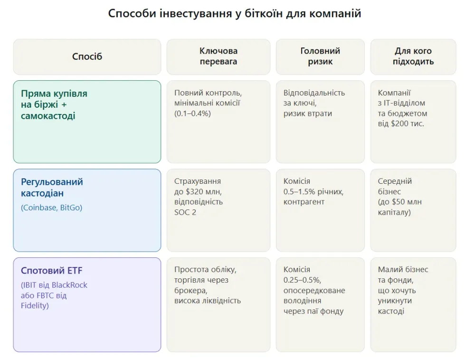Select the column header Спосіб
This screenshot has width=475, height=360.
(x=87, y=57)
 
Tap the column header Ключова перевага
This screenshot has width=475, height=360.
(x=218, y=56)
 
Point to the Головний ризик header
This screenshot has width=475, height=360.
(x=320, y=56)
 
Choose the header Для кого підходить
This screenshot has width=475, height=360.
(x=413, y=56)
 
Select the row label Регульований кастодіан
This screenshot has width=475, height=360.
(x=52, y=188)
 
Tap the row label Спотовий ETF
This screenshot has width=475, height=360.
(x=52, y=271)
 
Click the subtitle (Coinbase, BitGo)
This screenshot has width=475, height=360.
(x=51, y=208)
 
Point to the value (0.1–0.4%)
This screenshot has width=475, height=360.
(x=192, y=114)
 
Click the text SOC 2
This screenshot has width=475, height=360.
(x=185, y=212)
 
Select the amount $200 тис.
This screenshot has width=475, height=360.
(x=407, y=124)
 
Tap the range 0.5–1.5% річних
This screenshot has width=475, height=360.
(x=313, y=191)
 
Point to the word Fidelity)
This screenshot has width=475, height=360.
(x=35, y=306)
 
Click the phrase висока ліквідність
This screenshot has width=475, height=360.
(x=208, y=301)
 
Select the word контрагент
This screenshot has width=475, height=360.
(x=304, y=202)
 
